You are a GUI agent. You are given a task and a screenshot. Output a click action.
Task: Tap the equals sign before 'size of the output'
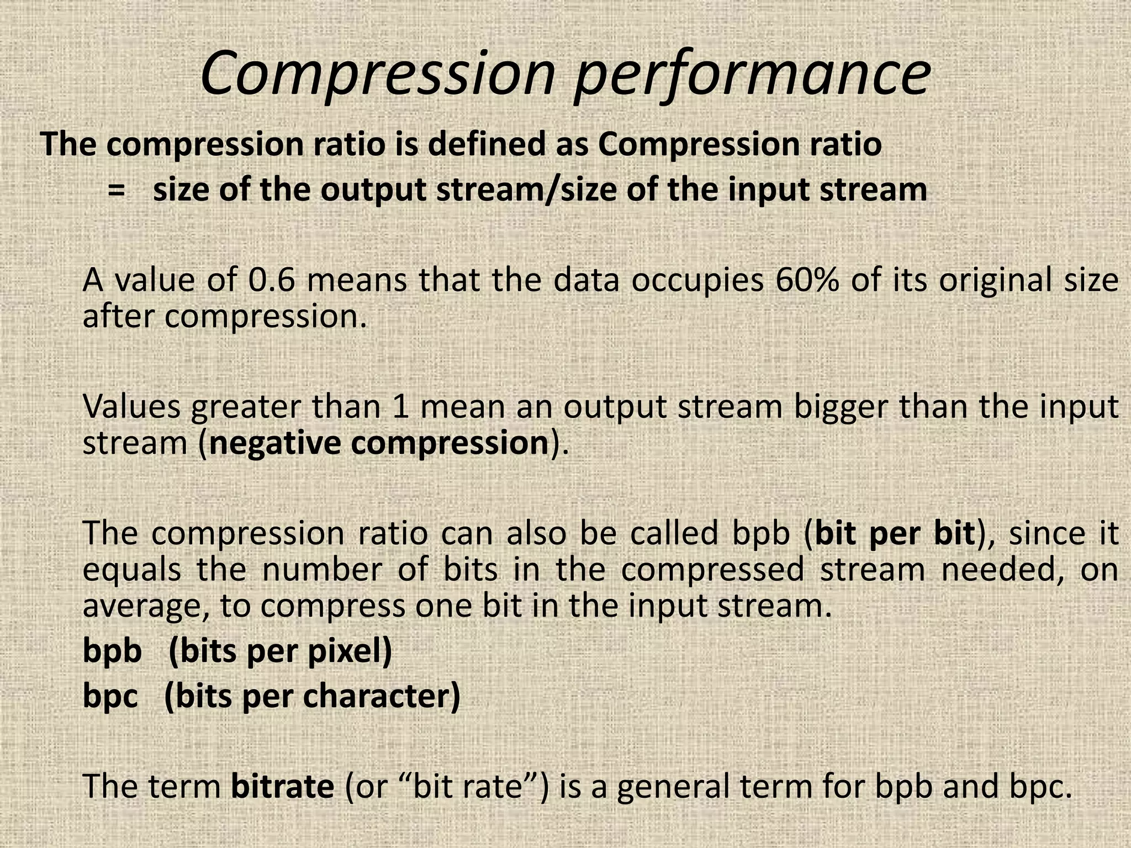point(115,190)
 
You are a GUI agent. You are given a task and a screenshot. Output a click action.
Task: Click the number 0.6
point(271,280)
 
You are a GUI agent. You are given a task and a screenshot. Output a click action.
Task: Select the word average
point(146,607)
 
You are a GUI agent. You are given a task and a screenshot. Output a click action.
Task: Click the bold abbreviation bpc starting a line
point(110,697)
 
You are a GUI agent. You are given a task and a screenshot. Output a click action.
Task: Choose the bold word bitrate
point(282,786)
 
